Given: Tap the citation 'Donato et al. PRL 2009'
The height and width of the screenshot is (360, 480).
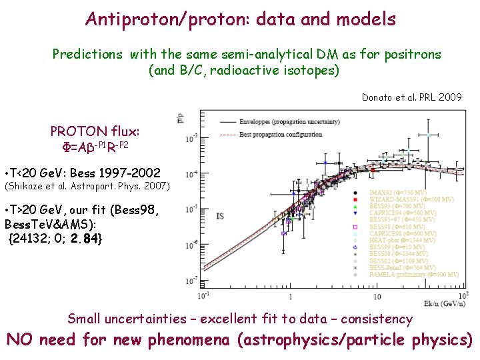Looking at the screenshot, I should [x=411, y=97].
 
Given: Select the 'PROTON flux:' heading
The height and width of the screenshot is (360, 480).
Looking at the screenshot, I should [x=95, y=132].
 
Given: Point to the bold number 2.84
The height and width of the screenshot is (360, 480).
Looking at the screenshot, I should [x=86, y=237].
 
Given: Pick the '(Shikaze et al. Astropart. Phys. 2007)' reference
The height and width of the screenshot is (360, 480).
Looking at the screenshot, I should [x=87, y=185].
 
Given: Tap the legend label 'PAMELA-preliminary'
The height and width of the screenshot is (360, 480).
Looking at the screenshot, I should [x=399, y=274].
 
